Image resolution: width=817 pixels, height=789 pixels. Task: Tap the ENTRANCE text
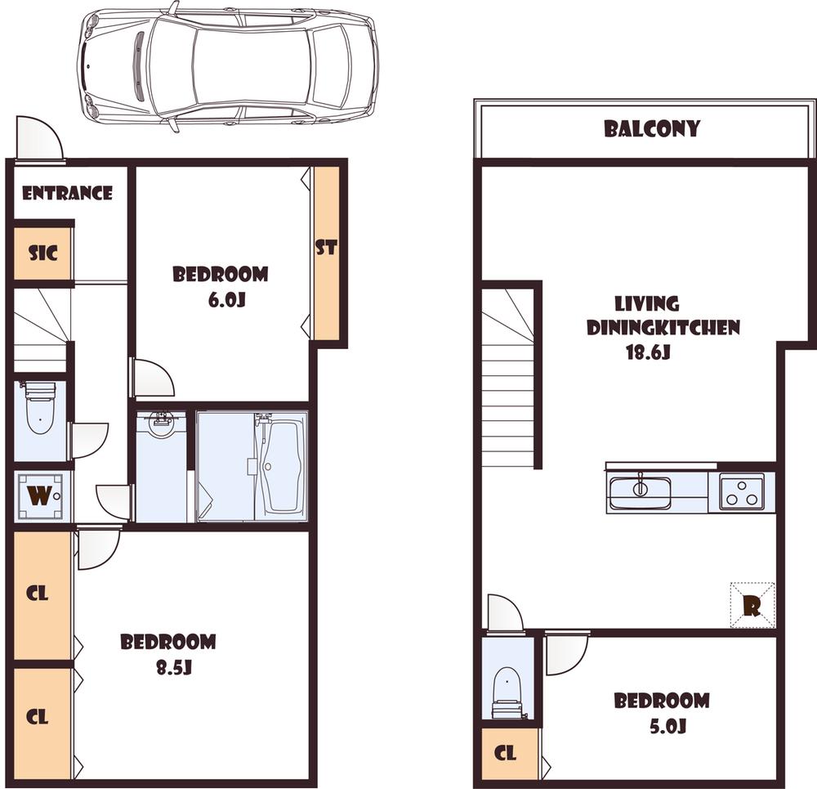coord(67,194)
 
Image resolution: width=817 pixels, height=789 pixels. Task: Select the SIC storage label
coord(43,253)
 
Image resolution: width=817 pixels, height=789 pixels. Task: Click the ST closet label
coord(326,248)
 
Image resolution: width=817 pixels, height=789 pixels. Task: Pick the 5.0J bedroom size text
coord(663,725)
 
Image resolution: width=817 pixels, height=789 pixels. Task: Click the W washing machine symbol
coord(39,495)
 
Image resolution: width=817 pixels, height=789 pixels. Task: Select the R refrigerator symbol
coord(752,606)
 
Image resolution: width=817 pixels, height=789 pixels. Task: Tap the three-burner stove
coord(742,491)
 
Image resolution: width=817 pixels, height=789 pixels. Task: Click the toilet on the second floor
coord(507,691)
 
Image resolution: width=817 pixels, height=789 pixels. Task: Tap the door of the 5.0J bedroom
coord(566,652)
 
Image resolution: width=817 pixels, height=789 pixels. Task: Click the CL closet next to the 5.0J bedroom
coord(507,753)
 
